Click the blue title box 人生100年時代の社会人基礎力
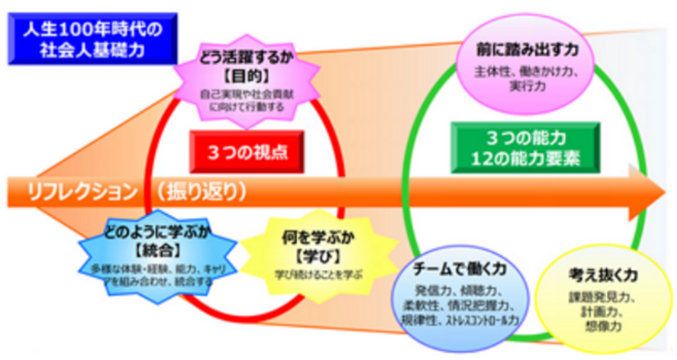coord(93,39)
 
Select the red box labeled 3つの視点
coord(247,152)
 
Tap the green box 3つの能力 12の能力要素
coord(525,148)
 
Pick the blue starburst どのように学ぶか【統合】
coord(157,256)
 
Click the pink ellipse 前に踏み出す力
coord(526,63)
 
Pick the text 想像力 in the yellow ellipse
coord(597,326)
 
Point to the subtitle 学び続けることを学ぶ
coord(319,274)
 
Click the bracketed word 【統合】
coord(158,251)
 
